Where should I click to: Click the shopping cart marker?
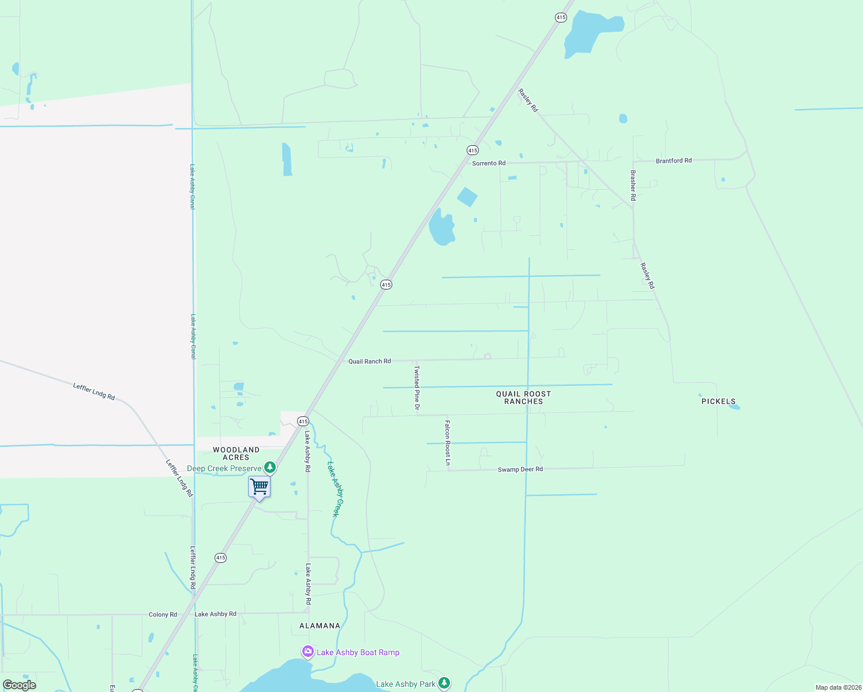pyautogui.click(x=259, y=487)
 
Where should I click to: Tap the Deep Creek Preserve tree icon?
pyautogui.click(x=269, y=467)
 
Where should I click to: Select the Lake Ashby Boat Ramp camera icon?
pyautogui.click(x=308, y=652)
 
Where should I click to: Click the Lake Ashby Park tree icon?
pyautogui.click(x=444, y=683)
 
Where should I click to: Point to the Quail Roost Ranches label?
pyautogui.click(x=523, y=397)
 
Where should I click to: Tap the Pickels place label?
pyautogui.click(x=718, y=401)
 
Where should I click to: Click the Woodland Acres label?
pyautogui.click(x=236, y=453)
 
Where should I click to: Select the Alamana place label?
pyautogui.click(x=320, y=626)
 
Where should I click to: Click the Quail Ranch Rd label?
pyautogui.click(x=369, y=362)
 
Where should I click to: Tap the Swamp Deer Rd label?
pyautogui.click(x=520, y=469)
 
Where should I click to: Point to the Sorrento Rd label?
pyautogui.click(x=489, y=163)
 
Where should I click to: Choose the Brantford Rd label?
pyautogui.click(x=673, y=161)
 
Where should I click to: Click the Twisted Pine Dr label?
pyautogui.click(x=417, y=388)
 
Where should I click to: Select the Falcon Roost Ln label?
pyautogui.click(x=448, y=442)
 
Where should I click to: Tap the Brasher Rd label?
pyautogui.click(x=633, y=185)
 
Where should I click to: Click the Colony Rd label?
pyautogui.click(x=163, y=615)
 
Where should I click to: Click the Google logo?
pyautogui.click(x=20, y=685)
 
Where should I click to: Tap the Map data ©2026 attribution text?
pyautogui.click(x=838, y=687)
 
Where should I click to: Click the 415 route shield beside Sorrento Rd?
pyautogui.click(x=472, y=151)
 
